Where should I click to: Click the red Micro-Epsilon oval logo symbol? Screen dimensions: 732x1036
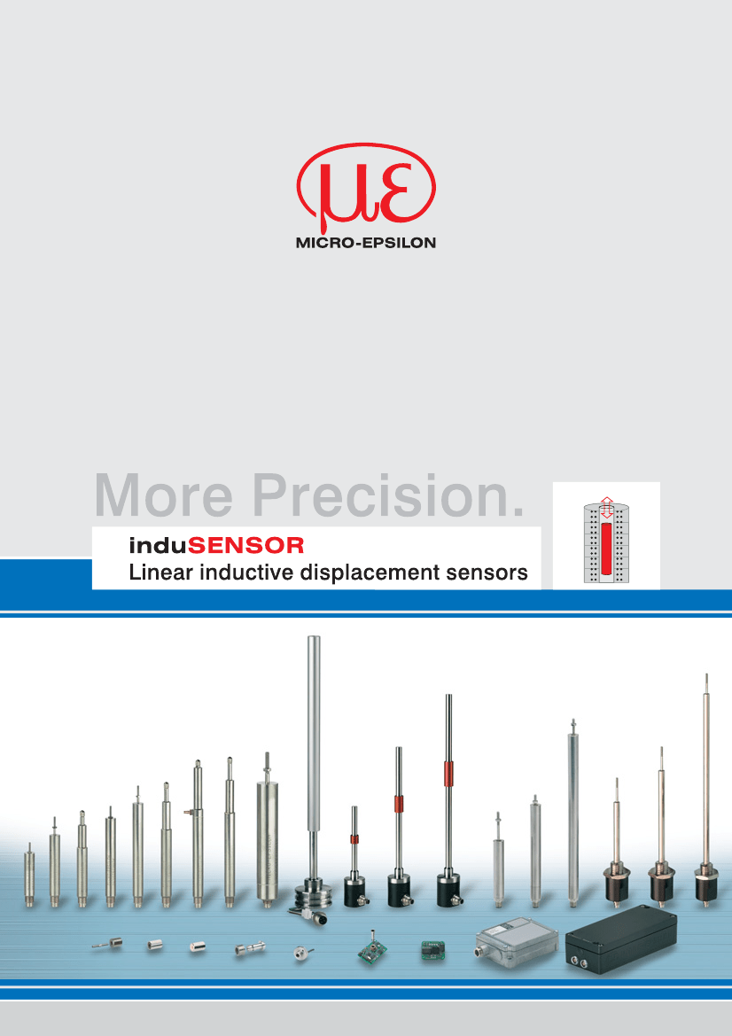pyautogui.click(x=366, y=185)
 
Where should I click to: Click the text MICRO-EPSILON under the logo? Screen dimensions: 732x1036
pyautogui.click(x=366, y=243)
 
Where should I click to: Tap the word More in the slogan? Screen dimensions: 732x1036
pyautogui.click(x=164, y=495)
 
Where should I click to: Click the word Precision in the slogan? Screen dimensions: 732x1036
pyautogui.click(x=388, y=495)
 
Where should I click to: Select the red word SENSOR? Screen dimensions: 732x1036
pyautogui.click(x=245, y=546)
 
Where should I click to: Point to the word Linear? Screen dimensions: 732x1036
pyautogui.click(x=161, y=573)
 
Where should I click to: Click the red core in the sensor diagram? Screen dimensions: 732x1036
pyautogui.click(x=606, y=548)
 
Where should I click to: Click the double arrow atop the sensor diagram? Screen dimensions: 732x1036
pyautogui.click(x=607, y=507)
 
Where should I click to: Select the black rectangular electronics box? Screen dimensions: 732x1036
pyautogui.click(x=621, y=939)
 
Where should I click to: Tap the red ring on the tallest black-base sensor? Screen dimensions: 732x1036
pyautogui.click(x=448, y=774)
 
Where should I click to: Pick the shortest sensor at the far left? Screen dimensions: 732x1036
pyautogui.click(x=29, y=875)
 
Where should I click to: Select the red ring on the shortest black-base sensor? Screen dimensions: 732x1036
pyautogui.click(x=354, y=840)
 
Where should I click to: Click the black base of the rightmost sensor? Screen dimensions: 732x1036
pyautogui.click(x=706, y=884)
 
